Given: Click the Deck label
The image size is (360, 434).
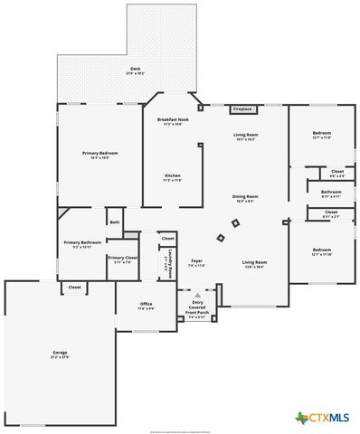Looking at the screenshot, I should pyautogui.click(x=135, y=70).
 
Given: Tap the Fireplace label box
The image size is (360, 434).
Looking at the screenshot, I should pyautogui.click(x=242, y=108).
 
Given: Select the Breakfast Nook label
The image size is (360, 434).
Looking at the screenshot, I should pyautogui.click(x=172, y=121).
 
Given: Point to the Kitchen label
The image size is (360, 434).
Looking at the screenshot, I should pyautogui.click(x=172, y=177).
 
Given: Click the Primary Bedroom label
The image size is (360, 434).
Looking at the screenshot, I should pyautogui.click(x=100, y=156).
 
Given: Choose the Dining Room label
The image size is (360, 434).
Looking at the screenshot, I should pyautogui.click(x=246, y=198).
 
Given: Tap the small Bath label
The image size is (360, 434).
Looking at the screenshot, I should pyautogui.click(x=114, y=222).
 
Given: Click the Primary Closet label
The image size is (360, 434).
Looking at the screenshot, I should pyautogui.click(x=122, y=259).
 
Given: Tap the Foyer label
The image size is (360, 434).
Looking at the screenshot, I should pyautogui.click(x=196, y=263).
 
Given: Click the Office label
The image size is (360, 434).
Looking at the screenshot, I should pyautogui.click(x=146, y=306).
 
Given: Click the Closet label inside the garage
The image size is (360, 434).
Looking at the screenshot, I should pyautogui.click(x=74, y=288).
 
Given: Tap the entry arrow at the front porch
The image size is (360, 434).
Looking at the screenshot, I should pyautogui.click(x=197, y=295).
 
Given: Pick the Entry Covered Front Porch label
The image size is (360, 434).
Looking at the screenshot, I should pyautogui.click(x=197, y=309).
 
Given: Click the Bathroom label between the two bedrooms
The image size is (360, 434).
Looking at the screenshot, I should pyautogui.click(x=330, y=193).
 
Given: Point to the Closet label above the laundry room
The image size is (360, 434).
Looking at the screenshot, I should pyautogui.click(x=168, y=238).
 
